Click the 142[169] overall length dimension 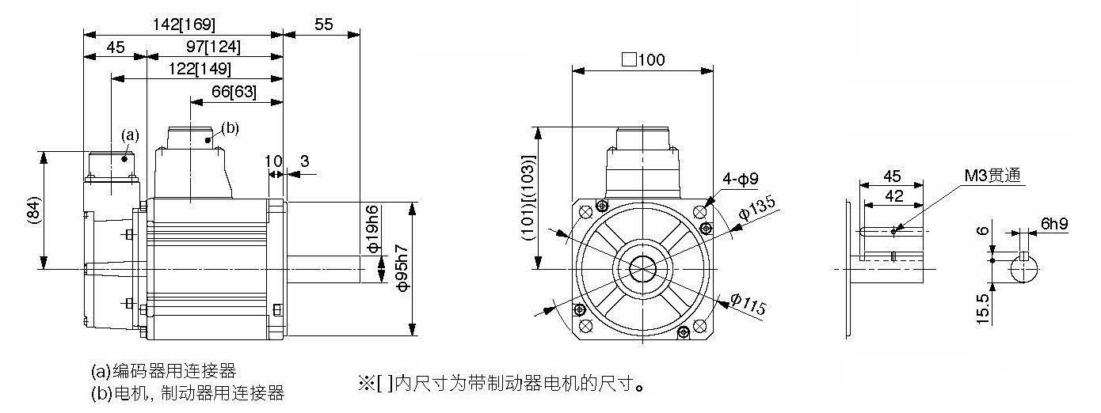coord(183,25)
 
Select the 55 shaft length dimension coord(323,25)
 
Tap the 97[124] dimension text coord(213,47)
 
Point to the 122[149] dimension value coord(200,69)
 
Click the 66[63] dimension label coord(234,92)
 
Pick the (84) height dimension coord(33,210)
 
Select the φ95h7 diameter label coord(402,268)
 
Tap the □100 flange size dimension coord(643,60)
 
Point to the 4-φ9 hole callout coord(741,180)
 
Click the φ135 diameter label coord(757,207)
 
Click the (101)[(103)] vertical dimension coord(528,198)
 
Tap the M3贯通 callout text coord(992,176)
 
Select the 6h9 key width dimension coord(1054,224)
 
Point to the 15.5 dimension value coord(982,309)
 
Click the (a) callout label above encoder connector coord(130,135)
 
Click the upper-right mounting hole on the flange coord(699,212)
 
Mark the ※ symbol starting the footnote coord(366,383)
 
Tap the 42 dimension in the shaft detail coord(894,196)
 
